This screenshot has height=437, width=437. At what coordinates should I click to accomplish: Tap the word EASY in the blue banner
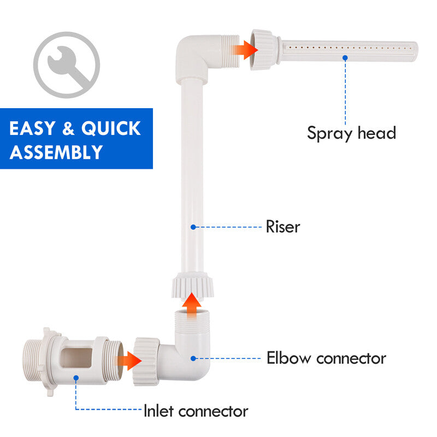pos(32,128)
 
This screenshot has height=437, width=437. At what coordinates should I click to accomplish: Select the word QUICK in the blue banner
pos(111,128)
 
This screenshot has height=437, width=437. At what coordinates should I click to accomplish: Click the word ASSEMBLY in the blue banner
pos(56,152)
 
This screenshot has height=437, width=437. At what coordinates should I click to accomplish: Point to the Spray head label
pos(351,133)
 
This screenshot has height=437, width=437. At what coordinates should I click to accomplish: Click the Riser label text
pos(283,227)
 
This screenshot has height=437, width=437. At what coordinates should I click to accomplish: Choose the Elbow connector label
pos(326,358)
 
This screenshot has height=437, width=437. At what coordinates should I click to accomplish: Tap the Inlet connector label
pos(196,411)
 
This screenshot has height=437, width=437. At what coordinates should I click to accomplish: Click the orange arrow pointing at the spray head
pos(245,50)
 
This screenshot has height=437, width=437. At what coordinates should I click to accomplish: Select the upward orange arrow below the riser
pos(192,305)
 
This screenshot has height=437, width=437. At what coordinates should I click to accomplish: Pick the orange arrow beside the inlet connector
pos(128,361)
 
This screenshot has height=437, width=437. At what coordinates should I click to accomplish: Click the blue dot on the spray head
pos(345,58)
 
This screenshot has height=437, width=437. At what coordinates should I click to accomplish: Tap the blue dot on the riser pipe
pos(193,227)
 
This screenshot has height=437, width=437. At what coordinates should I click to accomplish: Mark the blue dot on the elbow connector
pos(193,358)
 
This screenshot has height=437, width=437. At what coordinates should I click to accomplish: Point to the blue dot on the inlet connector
pos(76,378)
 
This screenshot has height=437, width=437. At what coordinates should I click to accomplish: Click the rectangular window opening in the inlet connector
pos(76,358)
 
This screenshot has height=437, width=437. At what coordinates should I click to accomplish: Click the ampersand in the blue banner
pos(68,128)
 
